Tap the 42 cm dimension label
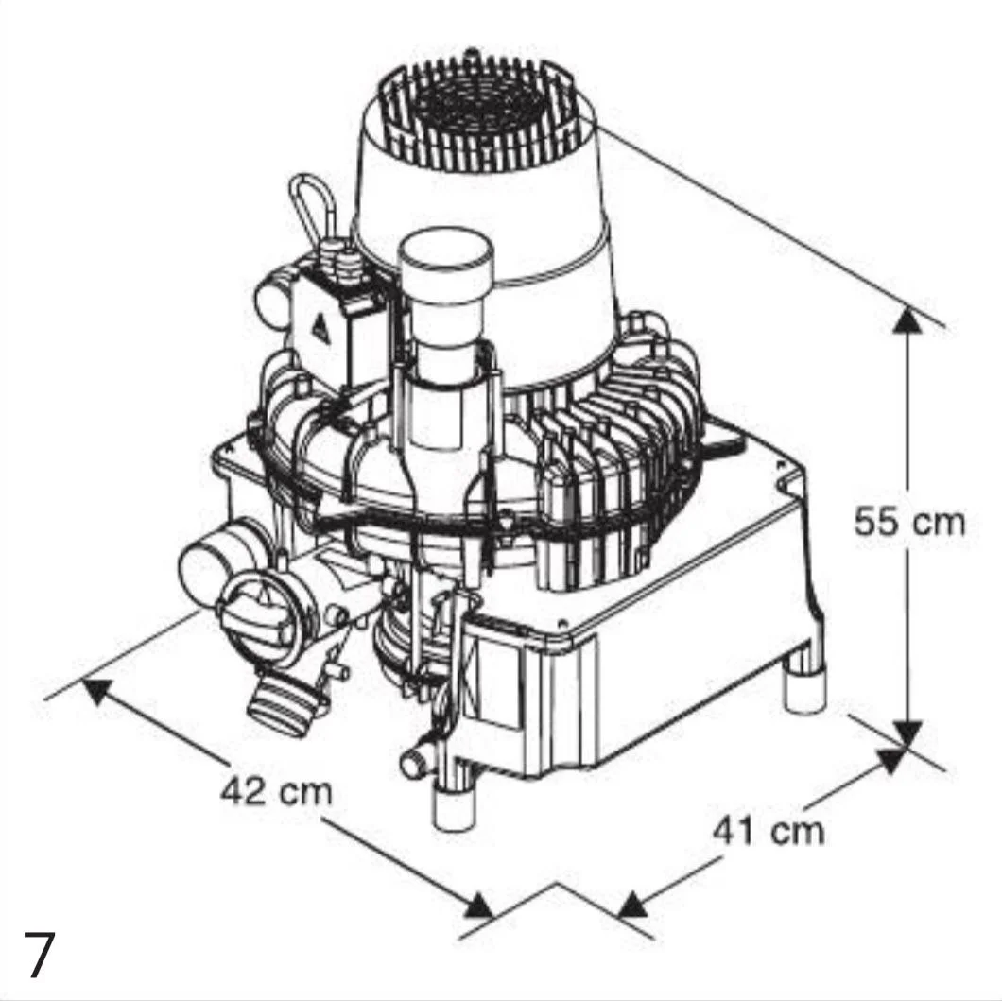click(x=277, y=791)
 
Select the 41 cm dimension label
click(x=769, y=831)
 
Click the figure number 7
click(x=39, y=955)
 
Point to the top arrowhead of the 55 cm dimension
click(x=907, y=319)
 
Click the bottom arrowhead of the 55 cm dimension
click(x=907, y=733)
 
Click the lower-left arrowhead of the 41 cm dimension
click(x=634, y=903)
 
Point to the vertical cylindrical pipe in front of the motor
click(x=445, y=338)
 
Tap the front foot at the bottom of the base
click(x=455, y=805)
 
